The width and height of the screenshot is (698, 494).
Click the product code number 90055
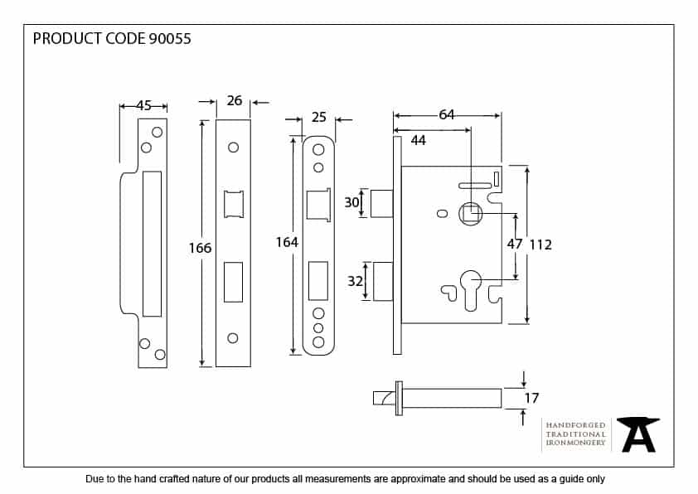coord(171,39)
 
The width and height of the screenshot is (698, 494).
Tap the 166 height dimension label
coord(201,248)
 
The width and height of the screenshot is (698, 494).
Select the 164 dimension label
coord(287,242)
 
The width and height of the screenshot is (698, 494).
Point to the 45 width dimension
coord(144,105)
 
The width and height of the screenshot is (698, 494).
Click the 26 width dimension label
coord(235,100)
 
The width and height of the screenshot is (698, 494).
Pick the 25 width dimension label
coord(319,118)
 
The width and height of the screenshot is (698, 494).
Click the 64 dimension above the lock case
coord(447,114)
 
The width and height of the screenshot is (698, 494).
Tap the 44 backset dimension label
coord(419,141)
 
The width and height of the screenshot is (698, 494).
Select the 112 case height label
coord(540,245)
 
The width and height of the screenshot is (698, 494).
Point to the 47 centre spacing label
coord(514,245)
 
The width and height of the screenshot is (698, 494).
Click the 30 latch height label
coord(351,203)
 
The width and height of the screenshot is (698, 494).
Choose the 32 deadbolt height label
coord(355,282)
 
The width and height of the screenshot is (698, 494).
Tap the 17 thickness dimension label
coord(531,398)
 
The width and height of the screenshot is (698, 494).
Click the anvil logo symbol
coord(638,434)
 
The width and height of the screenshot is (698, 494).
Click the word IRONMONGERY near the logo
coord(575,443)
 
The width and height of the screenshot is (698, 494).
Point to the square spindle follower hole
coord(471,214)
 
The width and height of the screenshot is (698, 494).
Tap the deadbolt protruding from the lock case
coord(382,282)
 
